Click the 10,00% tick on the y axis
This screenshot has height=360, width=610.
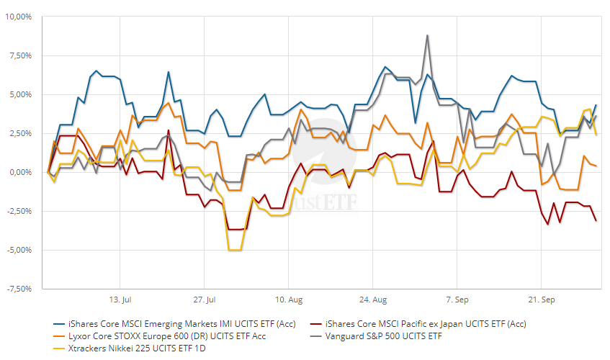click(22, 17)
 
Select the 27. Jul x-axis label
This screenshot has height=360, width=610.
click(206, 298)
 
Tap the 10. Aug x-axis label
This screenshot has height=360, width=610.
click(288, 298)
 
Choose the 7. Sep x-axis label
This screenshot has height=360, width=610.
click(457, 298)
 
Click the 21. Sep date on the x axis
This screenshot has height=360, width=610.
click(542, 298)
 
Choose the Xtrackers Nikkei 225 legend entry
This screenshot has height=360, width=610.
click(134, 348)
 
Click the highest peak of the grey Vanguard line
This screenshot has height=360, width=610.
click(427, 35)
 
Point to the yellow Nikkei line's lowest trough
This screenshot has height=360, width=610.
click(234, 250)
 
